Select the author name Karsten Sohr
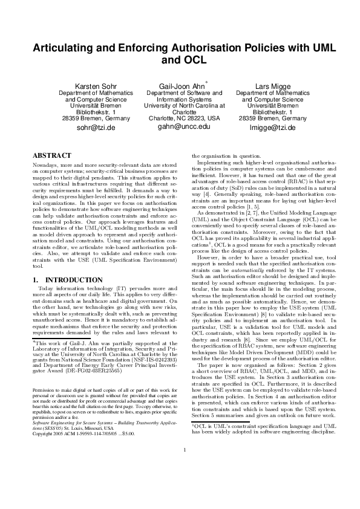93,86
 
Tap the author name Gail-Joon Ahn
181,86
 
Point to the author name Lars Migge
268,86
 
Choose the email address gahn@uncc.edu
180,127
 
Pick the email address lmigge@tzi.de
268,128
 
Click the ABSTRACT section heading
49,155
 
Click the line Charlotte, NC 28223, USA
180,118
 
